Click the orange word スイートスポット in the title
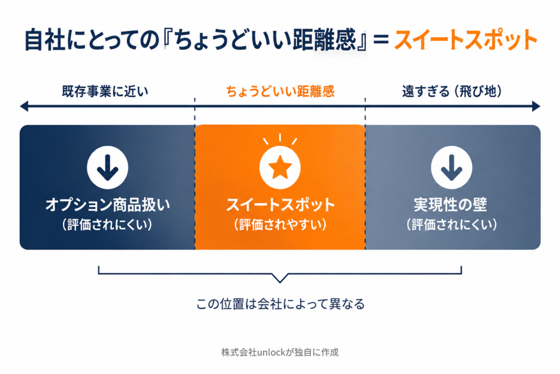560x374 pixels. (466, 39)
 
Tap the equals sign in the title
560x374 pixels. (381, 39)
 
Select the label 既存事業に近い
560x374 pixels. (105, 91)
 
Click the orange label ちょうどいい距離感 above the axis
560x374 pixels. (280, 91)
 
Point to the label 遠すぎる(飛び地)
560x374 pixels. (452, 91)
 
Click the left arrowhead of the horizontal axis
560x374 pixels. (24, 106)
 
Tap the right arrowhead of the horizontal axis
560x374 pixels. (536, 106)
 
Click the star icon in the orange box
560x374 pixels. (280, 168)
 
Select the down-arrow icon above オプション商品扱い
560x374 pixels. (108, 168)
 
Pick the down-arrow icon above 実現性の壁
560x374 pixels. (451, 168)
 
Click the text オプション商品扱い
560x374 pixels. (108, 205)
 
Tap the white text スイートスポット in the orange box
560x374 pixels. (281, 205)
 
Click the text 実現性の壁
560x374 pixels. (451, 205)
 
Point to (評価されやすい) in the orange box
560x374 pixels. (281, 225)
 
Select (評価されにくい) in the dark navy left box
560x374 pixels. (108, 225)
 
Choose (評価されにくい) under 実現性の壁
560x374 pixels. (452, 225)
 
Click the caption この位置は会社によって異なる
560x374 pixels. (281, 304)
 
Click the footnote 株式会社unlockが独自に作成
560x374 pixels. (280, 352)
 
